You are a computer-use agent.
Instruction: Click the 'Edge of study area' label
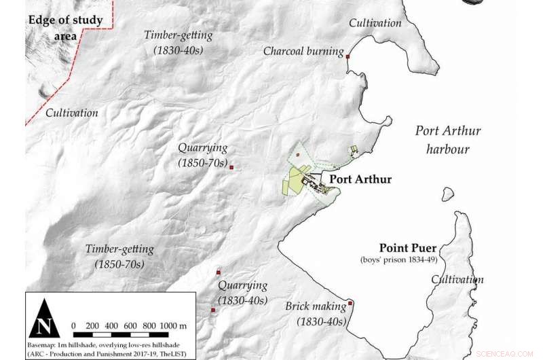coord(65,28)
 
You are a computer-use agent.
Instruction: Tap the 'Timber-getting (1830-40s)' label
coord(179,43)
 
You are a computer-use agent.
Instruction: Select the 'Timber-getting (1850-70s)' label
coord(119,256)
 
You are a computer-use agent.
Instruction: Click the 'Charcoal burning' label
coord(302,52)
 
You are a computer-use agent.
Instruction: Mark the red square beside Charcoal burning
coord(348,57)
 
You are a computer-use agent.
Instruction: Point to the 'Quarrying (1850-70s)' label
coord(202,155)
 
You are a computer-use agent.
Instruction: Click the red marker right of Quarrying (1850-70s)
coord(231,166)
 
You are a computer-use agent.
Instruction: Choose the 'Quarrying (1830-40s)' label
coord(242,293)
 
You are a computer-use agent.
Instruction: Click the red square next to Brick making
coord(350,303)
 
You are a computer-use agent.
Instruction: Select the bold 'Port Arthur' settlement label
coord(360,180)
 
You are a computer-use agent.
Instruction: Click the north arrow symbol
coord(44,318)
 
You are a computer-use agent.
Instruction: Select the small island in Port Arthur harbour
coord(447,194)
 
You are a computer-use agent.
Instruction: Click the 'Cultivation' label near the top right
coord(375,23)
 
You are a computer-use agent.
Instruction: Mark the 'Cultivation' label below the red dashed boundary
coord(72,113)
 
